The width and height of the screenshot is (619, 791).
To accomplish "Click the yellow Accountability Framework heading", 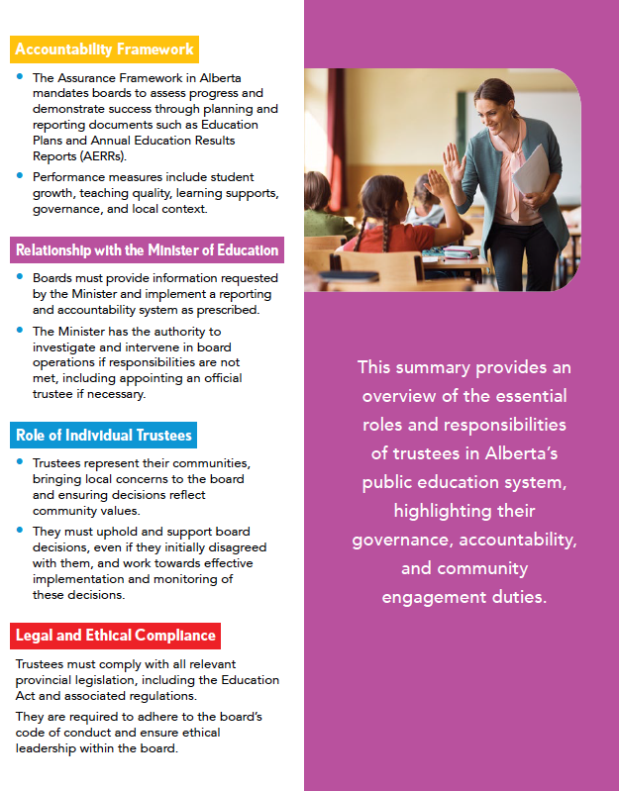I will click(x=104, y=49).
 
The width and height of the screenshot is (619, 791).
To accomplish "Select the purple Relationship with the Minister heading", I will click(x=147, y=249).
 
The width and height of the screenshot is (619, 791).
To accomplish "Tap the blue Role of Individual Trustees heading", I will click(x=104, y=434).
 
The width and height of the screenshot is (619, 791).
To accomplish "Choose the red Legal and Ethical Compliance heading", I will click(x=115, y=635).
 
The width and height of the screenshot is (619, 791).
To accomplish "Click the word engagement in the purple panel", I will click(x=427, y=597).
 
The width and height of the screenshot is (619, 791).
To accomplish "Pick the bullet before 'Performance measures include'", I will click(x=20, y=174).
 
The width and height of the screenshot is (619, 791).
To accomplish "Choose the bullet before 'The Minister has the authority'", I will click(x=20, y=329).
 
